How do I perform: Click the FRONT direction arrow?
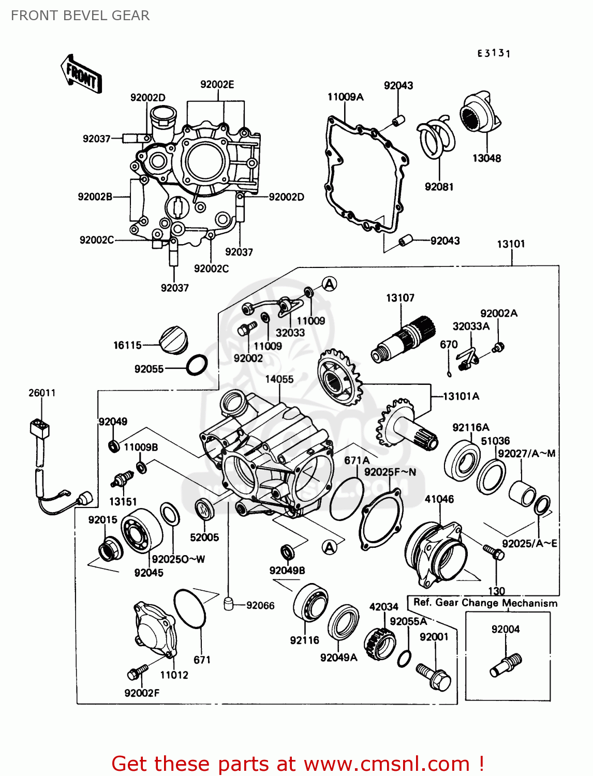(81, 74)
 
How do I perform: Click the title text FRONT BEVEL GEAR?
(80, 16)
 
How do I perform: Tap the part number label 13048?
(486, 158)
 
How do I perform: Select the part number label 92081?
(439, 187)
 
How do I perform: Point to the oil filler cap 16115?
(173, 340)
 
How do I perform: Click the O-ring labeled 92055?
(197, 365)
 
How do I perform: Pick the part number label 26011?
(42, 393)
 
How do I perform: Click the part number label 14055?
(279, 379)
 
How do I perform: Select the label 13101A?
(461, 396)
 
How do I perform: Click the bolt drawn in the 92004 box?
(506, 665)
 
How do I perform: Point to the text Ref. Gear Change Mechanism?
(485, 603)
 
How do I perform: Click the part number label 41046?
(439, 499)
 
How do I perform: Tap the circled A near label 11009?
(330, 283)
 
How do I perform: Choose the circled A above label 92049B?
(330, 547)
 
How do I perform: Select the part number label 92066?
(260, 605)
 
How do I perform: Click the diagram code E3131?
(494, 53)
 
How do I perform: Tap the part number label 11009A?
(345, 97)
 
